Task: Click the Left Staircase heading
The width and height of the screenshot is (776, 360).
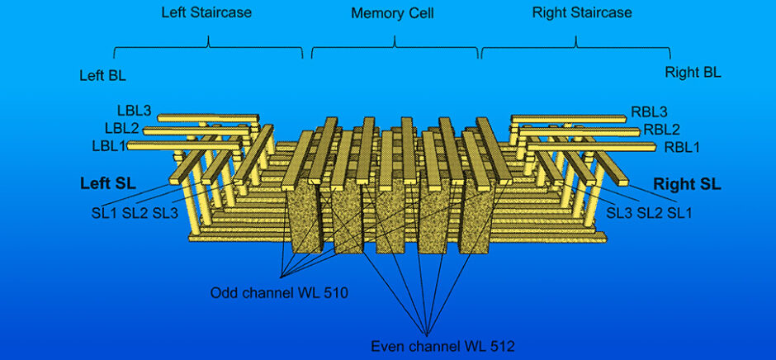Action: (x=207, y=13)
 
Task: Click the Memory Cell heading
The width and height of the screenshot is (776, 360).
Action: (x=392, y=14)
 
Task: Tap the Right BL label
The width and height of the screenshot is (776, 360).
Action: (x=693, y=73)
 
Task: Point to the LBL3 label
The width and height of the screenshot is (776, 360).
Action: (x=134, y=111)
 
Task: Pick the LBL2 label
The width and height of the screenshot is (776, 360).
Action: (x=121, y=129)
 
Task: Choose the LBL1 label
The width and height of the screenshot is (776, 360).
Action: (x=109, y=146)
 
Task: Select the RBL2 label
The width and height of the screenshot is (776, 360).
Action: (x=661, y=129)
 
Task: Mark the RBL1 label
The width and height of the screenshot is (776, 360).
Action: (x=681, y=147)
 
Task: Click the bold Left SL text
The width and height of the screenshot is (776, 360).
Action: (x=108, y=183)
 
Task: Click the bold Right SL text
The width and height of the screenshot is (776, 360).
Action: (x=687, y=184)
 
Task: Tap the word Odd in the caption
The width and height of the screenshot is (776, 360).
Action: (x=223, y=292)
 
